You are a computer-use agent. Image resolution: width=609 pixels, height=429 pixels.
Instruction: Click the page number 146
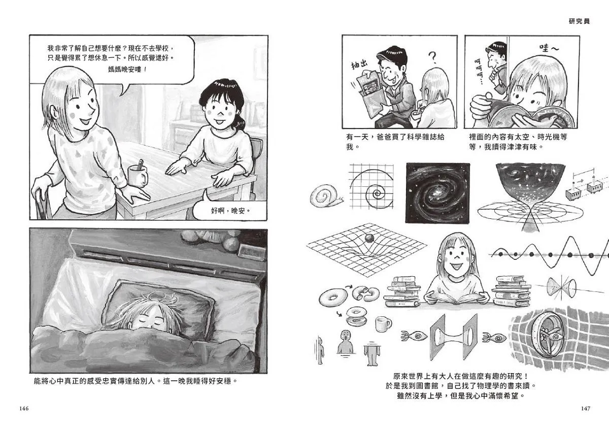(x=24, y=408)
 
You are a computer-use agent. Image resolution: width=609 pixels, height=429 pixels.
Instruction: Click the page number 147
(x=585, y=408)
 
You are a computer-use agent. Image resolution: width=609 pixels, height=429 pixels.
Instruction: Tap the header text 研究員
(x=579, y=21)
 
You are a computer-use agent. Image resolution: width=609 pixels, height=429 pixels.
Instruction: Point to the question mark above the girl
(x=432, y=58)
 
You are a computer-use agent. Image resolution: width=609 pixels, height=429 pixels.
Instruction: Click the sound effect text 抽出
(x=359, y=65)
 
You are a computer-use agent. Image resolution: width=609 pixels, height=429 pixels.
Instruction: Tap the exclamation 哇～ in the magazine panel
(x=549, y=48)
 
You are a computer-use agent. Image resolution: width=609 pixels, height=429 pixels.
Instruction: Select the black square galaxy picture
(x=437, y=193)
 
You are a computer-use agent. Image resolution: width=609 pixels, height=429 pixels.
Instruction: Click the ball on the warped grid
(x=369, y=238)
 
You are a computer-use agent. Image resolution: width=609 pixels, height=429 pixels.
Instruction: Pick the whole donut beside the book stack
(x=333, y=298)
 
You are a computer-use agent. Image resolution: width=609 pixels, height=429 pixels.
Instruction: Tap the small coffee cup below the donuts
(x=383, y=324)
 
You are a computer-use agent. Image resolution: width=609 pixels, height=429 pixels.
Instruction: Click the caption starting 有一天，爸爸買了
(x=395, y=142)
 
